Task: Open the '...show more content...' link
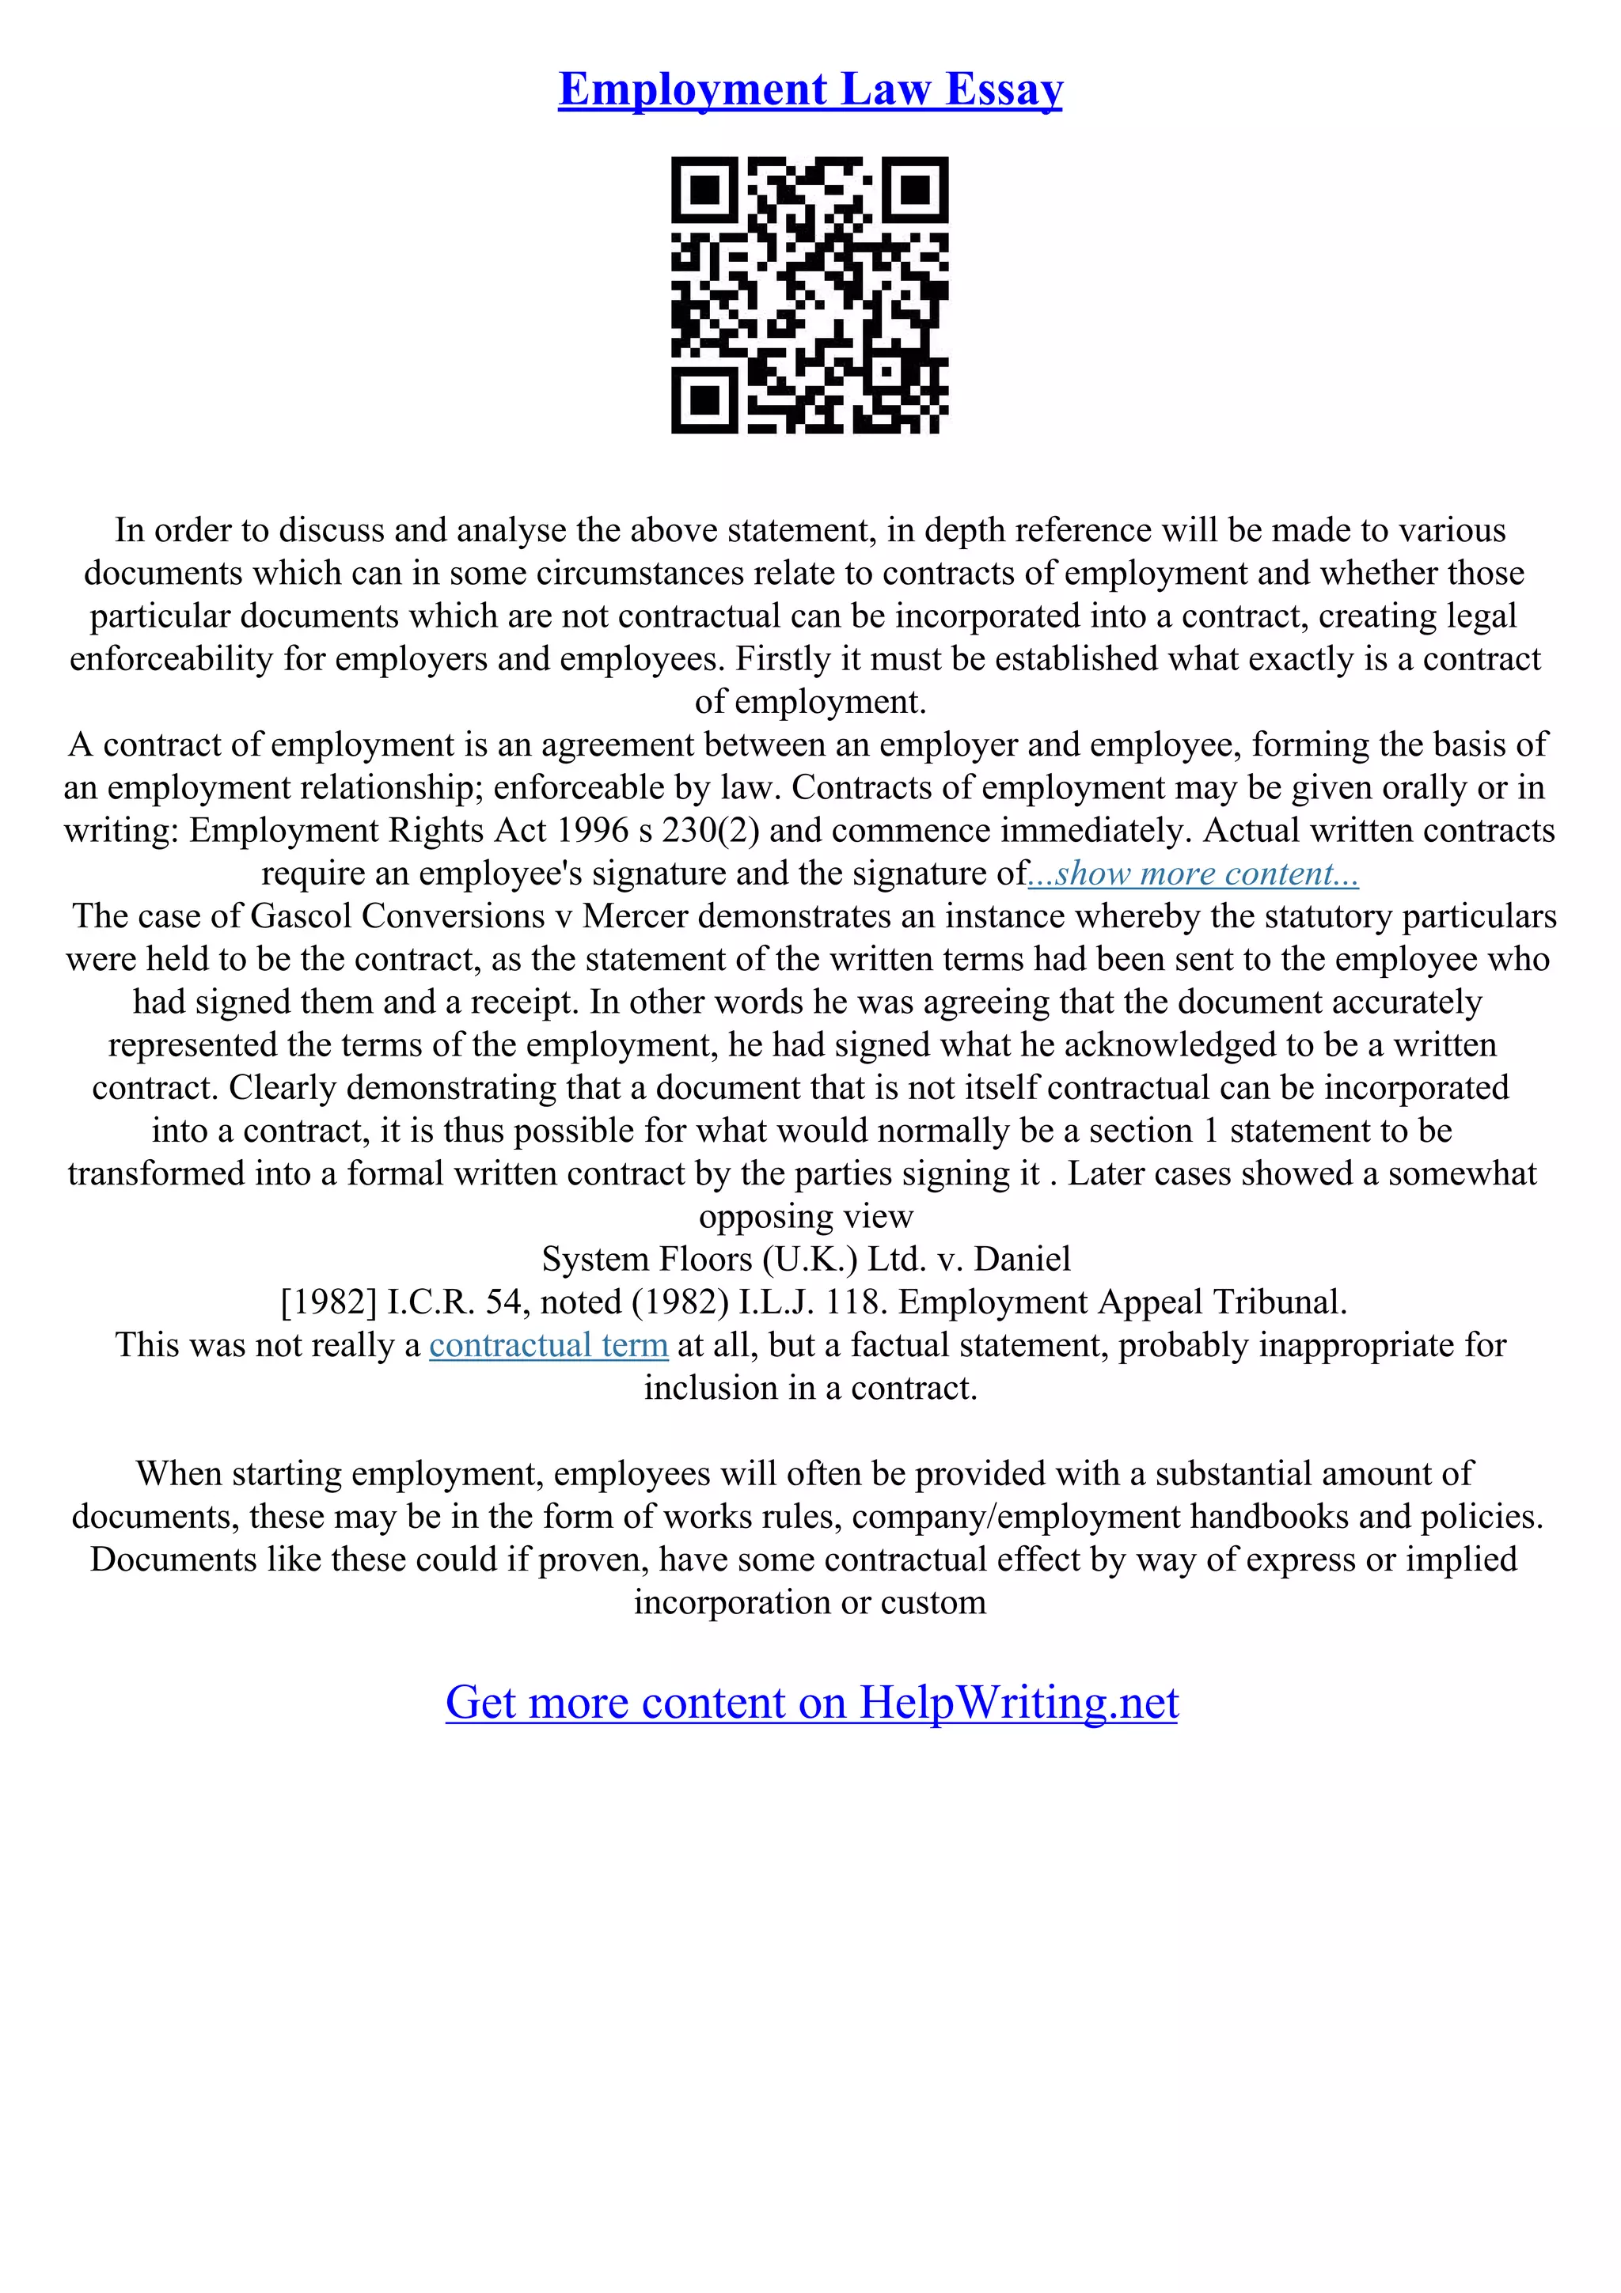1194,874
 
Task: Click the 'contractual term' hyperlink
549,1345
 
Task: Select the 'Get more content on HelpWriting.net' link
811,1703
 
